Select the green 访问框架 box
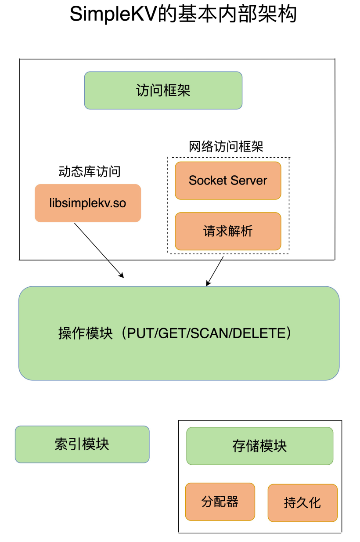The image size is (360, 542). point(163,90)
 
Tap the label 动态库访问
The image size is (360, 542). point(90,171)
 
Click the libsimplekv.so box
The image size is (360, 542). point(88,203)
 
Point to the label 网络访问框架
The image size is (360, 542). point(226,146)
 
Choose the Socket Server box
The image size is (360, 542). point(228,181)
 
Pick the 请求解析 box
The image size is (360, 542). point(228,231)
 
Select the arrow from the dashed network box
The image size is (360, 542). point(215,271)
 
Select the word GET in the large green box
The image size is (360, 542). point(171,333)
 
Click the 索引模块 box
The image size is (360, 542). point(82,444)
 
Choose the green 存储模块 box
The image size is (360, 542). point(259,446)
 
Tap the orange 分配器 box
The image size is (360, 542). point(220,502)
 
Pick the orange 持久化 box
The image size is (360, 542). point(302,502)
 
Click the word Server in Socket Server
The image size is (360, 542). point(248,181)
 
